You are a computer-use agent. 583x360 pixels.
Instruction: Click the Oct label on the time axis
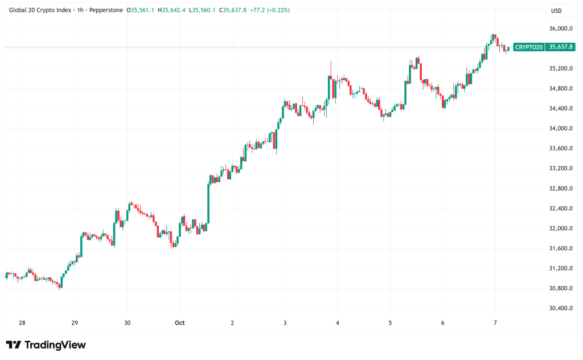tap(179, 323)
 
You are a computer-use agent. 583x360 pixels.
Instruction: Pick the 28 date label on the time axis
tap(22, 323)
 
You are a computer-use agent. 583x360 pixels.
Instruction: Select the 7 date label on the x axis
tap(495, 323)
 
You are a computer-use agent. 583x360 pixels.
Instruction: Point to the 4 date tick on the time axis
tap(338, 323)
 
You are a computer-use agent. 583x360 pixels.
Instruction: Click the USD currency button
tap(557, 11)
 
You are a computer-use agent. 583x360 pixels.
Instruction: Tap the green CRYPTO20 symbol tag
tap(529, 47)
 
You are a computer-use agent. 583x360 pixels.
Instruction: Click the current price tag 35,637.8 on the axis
tap(560, 47)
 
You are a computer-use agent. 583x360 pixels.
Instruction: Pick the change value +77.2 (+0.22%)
tap(268, 10)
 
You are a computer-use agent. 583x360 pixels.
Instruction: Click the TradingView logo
tap(46, 345)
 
